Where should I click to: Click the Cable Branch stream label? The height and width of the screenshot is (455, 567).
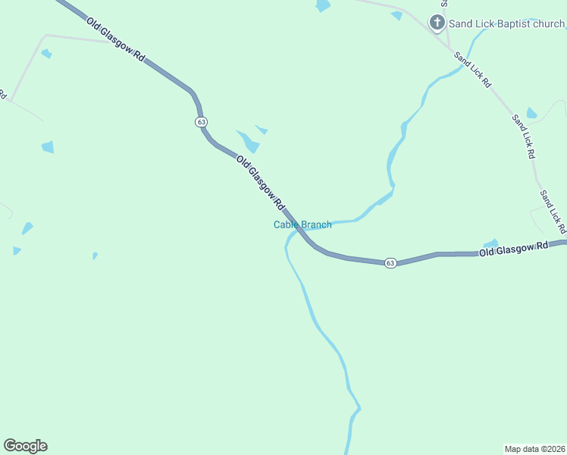[x=302, y=224]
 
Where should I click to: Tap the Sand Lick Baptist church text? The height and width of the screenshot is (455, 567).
[x=506, y=24]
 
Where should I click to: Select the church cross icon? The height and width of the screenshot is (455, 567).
[x=437, y=23]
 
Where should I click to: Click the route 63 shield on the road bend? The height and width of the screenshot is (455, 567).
[x=200, y=122]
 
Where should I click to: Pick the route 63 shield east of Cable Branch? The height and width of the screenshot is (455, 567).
[x=390, y=262]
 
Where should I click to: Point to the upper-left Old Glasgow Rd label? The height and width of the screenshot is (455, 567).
[x=116, y=39]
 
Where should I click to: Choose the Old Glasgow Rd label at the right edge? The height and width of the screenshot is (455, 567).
[x=513, y=249]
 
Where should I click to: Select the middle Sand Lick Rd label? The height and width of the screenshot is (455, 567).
[x=523, y=136]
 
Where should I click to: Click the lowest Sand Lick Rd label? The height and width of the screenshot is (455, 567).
[x=553, y=212]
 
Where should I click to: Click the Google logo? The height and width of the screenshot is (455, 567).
[x=25, y=446]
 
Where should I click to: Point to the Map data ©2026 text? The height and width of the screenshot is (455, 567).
[x=534, y=448]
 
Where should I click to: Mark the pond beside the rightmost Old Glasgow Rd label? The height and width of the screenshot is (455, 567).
[x=491, y=243]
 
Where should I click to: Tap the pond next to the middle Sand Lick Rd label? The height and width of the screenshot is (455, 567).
[x=531, y=114]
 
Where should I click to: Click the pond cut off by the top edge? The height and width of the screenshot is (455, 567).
[x=323, y=5]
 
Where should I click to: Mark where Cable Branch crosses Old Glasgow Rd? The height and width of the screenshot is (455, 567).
[x=297, y=228]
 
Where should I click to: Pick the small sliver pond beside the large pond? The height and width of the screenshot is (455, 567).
[x=262, y=130]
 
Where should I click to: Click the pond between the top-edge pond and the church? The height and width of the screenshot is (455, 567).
[x=396, y=15]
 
